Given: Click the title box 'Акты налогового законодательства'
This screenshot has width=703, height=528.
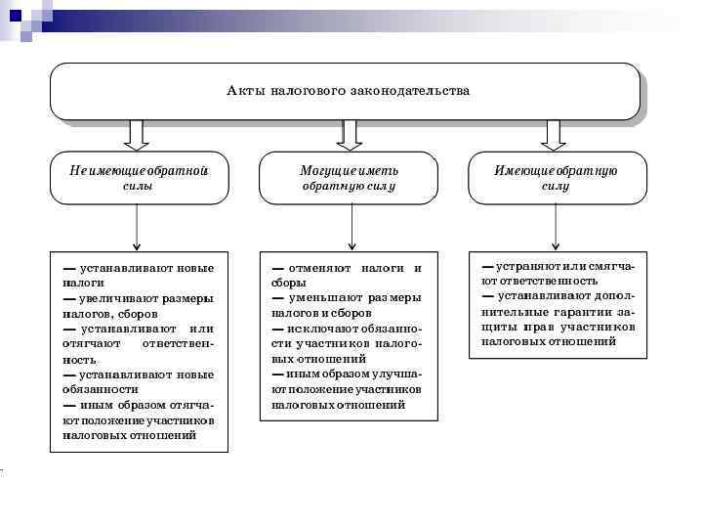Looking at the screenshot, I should [x=347, y=91].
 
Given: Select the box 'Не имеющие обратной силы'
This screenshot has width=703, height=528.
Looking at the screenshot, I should [x=139, y=177].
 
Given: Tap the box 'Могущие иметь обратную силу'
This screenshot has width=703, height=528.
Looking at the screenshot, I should [x=349, y=177].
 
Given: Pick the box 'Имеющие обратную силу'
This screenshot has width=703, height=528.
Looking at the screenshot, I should [x=556, y=177].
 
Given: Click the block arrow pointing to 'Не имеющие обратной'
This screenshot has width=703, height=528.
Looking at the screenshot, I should [x=138, y=134].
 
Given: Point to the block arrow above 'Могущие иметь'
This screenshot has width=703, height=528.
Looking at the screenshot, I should [x=349, y=134].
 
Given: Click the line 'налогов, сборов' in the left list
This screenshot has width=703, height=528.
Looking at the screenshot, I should [x=101, y=314].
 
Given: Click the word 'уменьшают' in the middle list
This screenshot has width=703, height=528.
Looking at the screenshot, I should [x=323, y=298].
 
